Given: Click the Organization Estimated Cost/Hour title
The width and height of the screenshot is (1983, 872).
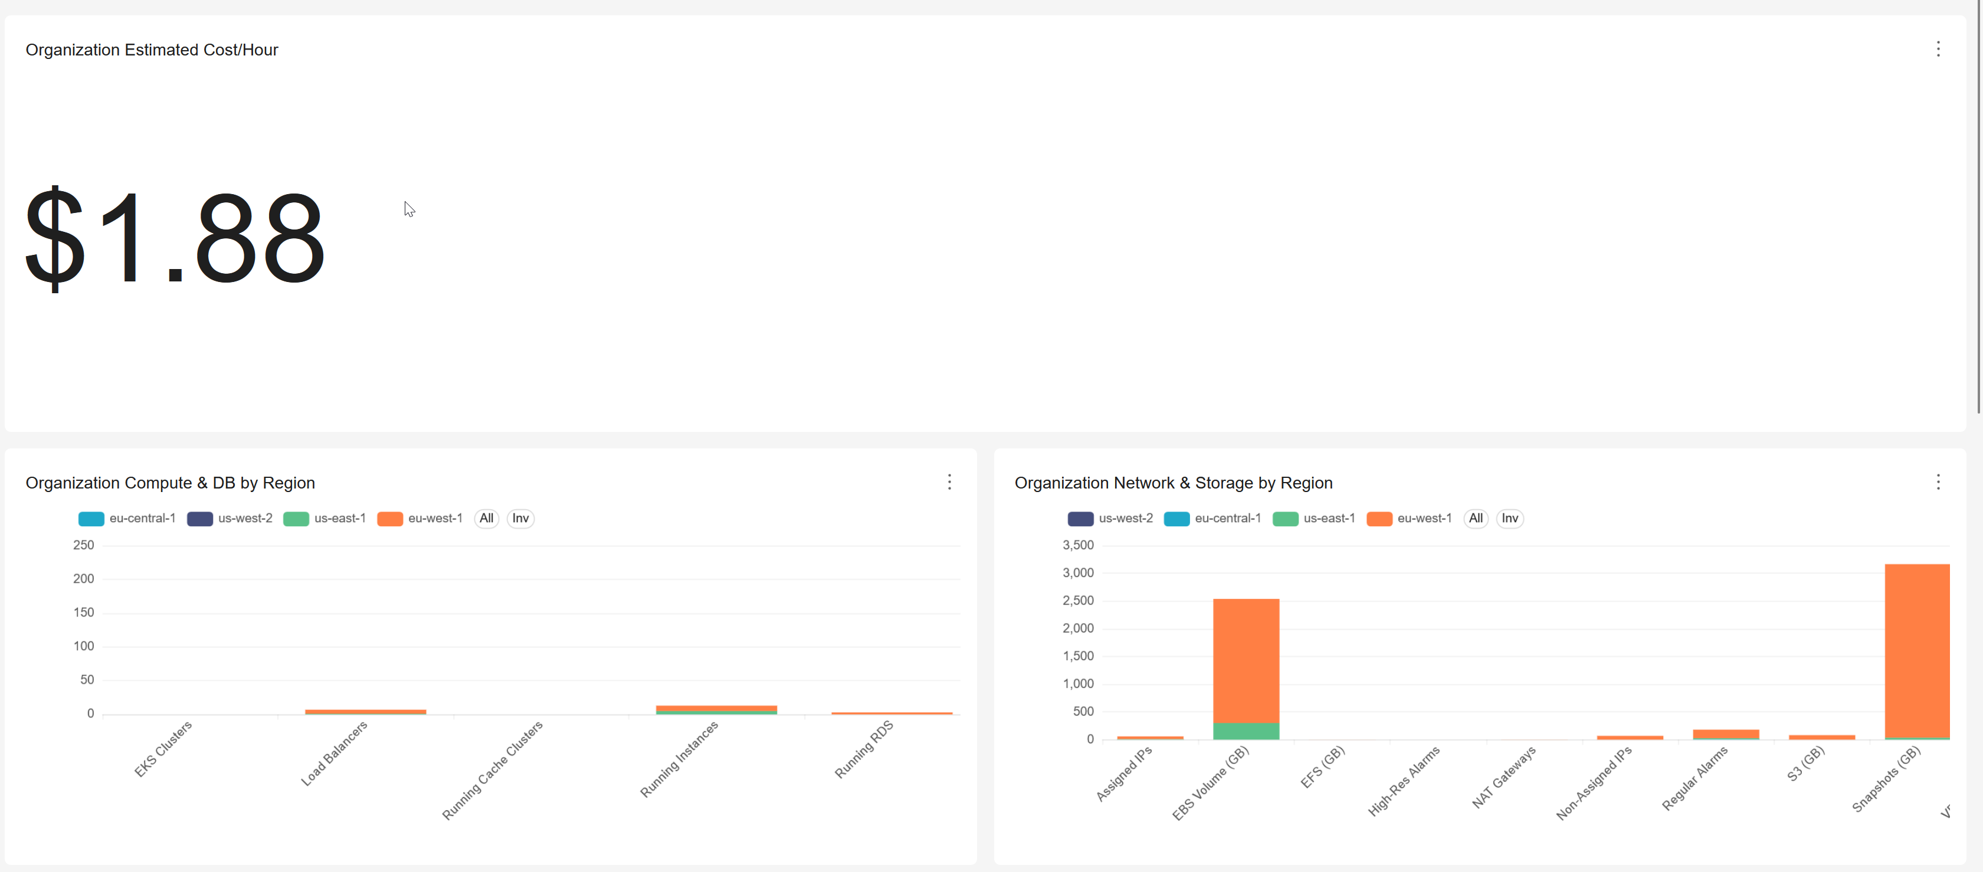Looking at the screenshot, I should [152, 50].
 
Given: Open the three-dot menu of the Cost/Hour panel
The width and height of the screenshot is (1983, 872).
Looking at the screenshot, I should [1938, 49].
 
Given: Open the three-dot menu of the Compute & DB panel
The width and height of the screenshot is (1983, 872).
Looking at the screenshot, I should [949, 482].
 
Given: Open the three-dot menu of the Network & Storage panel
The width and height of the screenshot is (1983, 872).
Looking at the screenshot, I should [1938, 482].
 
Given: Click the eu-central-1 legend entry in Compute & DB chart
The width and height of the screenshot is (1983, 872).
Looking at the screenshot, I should [127, 518].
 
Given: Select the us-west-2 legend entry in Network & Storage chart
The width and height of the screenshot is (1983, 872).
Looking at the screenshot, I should [1110, 518].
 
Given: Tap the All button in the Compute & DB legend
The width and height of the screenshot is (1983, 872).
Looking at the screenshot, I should [487, 518].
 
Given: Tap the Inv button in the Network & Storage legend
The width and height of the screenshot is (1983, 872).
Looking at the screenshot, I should [1510, 518].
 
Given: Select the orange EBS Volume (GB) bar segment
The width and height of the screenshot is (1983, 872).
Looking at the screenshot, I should [1245, 660].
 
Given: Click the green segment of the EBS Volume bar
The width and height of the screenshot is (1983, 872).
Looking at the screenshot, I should [1245, 731].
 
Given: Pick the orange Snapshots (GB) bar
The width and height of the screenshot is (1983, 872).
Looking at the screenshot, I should [1917, 650].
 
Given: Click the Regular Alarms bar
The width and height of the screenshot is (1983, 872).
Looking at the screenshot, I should [1725, 733].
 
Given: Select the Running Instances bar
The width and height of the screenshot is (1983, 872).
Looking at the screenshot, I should [716, 709].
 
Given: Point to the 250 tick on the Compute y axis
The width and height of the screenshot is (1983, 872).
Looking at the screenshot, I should [83, 545].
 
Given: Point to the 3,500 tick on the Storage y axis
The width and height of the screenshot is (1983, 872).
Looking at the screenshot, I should [1078, 545].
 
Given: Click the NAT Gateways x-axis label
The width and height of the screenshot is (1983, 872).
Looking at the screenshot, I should [1503, 778].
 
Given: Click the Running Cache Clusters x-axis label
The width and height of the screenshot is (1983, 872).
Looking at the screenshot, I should [492, 771].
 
